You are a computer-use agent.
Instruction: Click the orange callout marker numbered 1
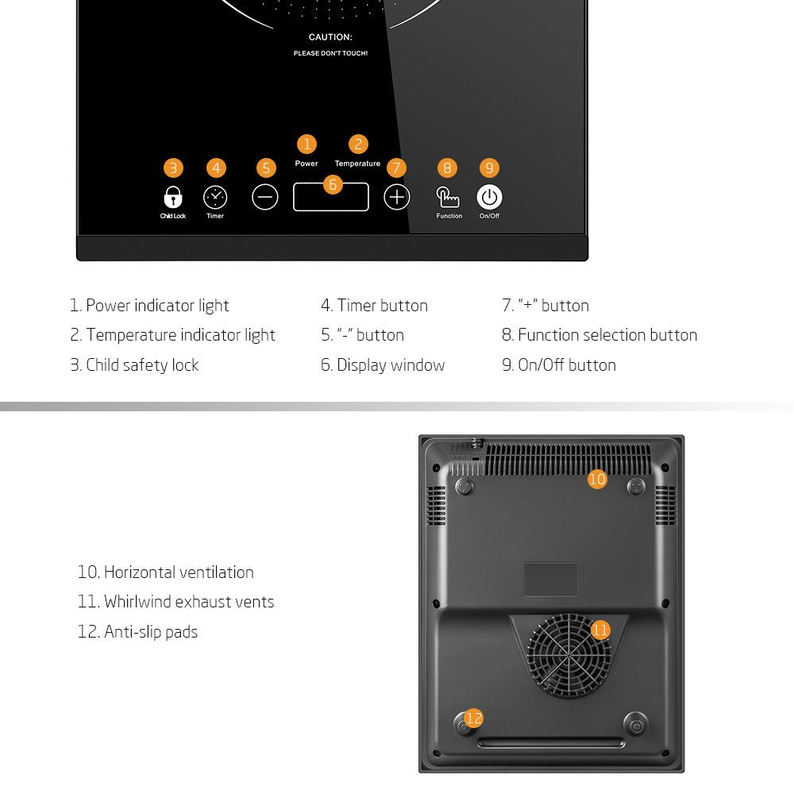click(306, 144)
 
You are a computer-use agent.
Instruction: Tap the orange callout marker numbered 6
click(332, 184)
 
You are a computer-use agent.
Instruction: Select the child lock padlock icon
click(173, 197)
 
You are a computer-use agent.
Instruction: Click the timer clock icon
click(215, 197)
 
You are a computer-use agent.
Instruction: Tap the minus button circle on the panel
click(265, 197)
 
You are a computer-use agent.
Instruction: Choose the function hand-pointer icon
click(448, 197)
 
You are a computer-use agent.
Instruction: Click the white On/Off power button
click(489, 197)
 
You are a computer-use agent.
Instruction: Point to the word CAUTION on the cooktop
click(330, 37)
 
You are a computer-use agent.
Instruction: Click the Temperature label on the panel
click(357, 164)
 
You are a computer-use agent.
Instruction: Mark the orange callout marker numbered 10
click(597, 479)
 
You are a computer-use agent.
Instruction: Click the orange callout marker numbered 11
click(600, 630)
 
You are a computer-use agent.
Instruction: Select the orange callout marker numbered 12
click(474, 719)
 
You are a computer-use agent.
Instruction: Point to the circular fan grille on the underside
click(569, 656)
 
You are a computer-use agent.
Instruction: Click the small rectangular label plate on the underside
click(550, 579)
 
